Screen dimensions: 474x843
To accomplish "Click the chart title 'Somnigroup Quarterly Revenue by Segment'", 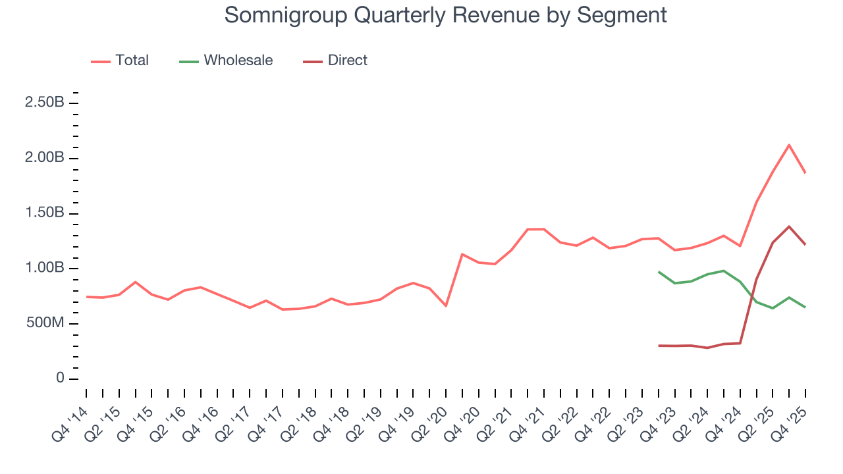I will pos(445,14).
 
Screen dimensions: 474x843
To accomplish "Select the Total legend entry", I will pos(132,61).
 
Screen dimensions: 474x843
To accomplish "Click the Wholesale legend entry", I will pos(238,61).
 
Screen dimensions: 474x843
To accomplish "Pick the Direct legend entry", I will pos(347,61).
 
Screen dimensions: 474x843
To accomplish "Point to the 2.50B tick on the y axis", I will pos(45,103).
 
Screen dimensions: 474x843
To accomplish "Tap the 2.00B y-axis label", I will pos(45,159).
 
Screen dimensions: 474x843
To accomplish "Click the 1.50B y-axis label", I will pos(45,213).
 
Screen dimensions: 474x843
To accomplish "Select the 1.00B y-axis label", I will pos(45,269).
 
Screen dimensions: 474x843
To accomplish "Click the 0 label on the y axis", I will pos(60,379).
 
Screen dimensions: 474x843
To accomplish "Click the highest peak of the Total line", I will pos(789,145).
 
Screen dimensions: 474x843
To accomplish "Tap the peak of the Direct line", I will pos(789,226).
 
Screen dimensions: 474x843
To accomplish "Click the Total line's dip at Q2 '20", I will pos(446,305).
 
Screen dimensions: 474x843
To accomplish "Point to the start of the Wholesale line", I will pos(659,271).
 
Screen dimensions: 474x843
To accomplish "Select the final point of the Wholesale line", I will pos(805,307).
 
